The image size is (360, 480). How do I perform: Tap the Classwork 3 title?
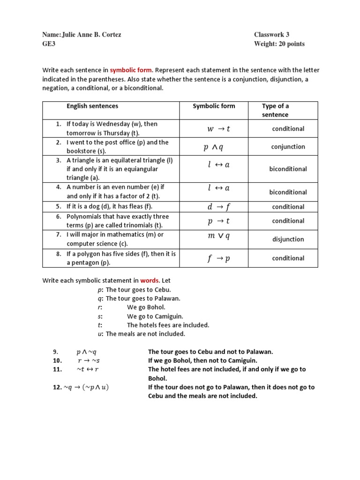tap(271, 35)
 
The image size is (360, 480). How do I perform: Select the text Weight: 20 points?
tap(279, 44)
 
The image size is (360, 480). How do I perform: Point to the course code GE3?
tap(49, 44)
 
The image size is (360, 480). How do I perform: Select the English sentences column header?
tap(92, 106)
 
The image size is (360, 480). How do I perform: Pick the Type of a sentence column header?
tap(275, 110)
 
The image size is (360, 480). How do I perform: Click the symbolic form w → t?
tap(218, 129)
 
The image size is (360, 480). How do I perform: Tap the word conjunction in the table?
tap(288, 147)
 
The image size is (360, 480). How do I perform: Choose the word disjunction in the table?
tap(288, 240)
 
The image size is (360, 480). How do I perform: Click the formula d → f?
tap(218, 207)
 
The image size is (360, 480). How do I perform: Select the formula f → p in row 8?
tap(218, 259)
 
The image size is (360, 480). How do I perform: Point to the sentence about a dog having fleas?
tap(109, 206)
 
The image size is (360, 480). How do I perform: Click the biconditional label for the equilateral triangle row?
tap(288, 169)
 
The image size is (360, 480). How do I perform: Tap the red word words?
tap(150, 280)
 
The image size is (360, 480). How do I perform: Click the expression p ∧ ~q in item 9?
tap(86, 352)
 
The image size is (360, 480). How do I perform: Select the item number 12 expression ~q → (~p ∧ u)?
tap(89, 387)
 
